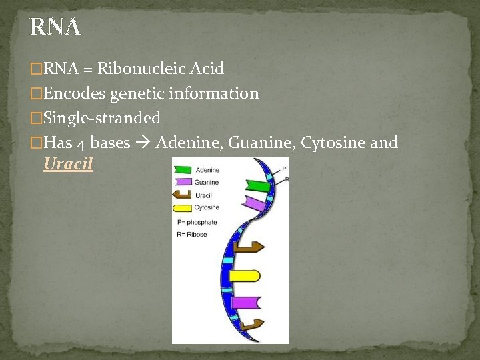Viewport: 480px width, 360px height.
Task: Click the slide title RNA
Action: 55,27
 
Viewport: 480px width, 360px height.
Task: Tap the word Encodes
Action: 74,93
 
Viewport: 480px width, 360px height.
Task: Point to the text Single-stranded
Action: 101,118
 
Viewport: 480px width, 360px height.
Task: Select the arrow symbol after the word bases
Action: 143,143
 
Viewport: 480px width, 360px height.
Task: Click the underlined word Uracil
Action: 68,163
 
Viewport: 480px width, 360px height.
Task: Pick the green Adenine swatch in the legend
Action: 183,170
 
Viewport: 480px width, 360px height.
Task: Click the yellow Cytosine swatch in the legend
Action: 183,207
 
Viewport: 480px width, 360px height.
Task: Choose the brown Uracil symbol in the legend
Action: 183,195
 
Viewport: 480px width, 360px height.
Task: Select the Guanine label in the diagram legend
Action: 206,183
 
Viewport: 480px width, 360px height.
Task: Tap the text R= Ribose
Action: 192,235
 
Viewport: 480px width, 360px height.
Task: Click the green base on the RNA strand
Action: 258,186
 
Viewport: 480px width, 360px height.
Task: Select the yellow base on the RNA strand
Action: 243,275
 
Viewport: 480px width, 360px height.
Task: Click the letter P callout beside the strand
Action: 285,169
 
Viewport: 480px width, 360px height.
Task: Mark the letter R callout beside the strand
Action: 286,180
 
